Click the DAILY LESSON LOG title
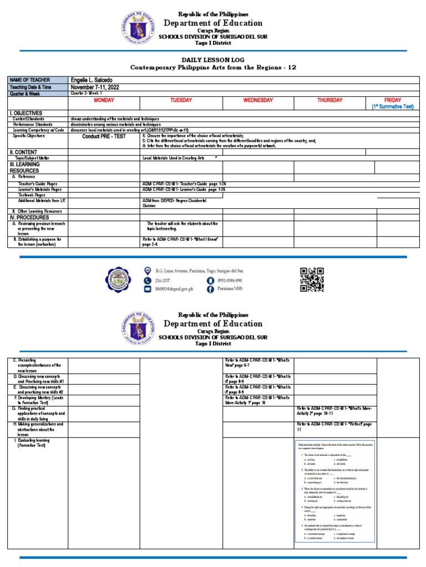212,59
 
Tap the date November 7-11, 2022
94,87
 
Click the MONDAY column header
104,100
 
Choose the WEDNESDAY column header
257,100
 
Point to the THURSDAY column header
329,100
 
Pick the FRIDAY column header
392,100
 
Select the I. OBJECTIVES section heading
26,113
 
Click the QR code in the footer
312,279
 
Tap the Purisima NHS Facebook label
234,289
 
